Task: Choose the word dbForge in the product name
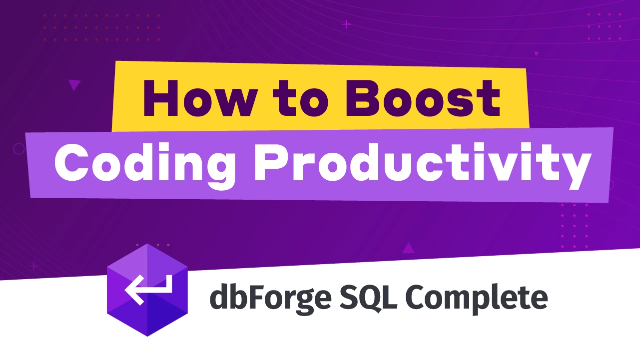(x=270, y=298)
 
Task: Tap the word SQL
(x=368, y=297)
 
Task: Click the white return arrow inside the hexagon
(x=148, y=290)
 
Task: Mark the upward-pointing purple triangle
(x=408, y=248)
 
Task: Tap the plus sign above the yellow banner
(x=346, y=24)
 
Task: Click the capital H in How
(x=160, y=98)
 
